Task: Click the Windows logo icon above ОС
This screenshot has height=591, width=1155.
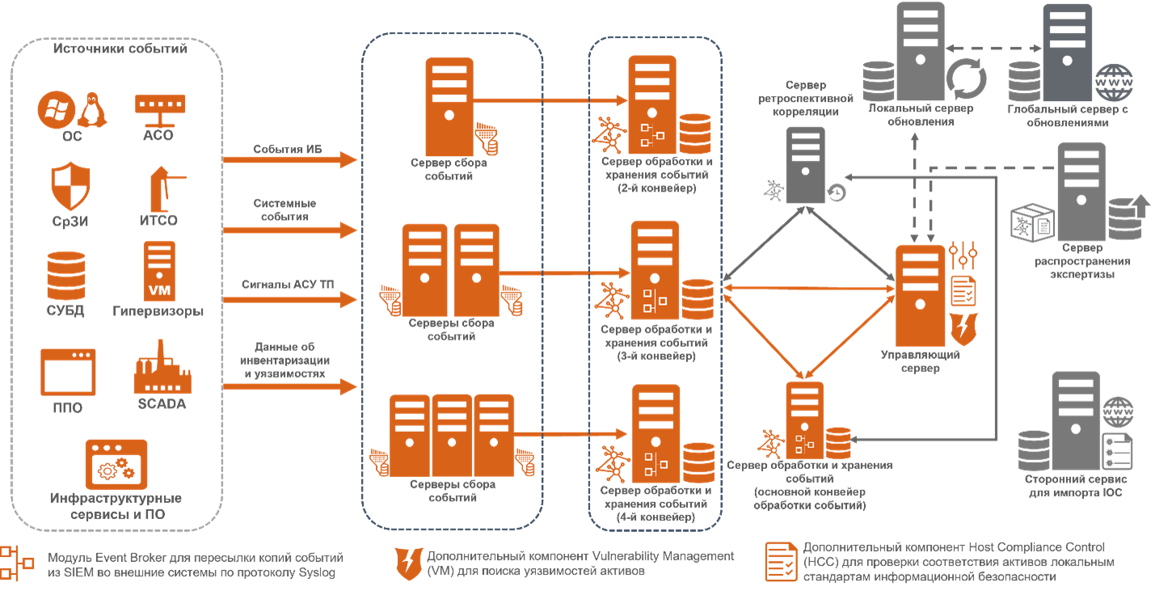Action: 56,110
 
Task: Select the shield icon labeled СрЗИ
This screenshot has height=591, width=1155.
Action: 70,187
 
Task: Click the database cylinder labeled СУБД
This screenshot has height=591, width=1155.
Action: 65,276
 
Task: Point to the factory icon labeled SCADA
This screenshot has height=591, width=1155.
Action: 162,369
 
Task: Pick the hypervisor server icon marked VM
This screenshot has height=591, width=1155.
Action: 159,271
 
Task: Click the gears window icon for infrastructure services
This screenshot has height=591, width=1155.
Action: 116,465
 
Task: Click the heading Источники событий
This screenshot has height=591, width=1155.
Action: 120,49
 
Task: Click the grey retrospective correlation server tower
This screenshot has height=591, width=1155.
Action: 805,164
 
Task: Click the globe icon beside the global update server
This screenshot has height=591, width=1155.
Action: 1113,83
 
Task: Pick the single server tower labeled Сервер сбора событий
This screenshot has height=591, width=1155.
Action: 449,102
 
